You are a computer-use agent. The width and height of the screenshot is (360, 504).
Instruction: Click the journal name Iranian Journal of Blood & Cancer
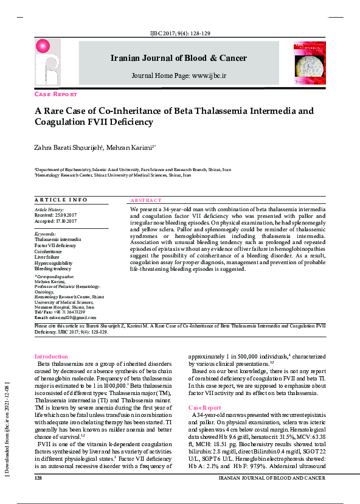click(178, 58)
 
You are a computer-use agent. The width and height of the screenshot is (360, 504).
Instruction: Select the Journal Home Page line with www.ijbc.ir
click(179, 75)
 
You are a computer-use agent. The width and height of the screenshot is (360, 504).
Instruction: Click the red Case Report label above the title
click(56, 95)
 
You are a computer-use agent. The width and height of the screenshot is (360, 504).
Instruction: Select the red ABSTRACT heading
click(146, 200)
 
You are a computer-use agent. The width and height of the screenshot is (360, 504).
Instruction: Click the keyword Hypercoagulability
click(53, 262)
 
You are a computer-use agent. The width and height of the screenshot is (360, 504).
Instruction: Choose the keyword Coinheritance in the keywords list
click(48, 251)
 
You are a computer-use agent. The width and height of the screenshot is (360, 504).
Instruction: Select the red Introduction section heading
click(51, 356)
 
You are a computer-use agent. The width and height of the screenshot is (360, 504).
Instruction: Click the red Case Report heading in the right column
click(205, 407)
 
